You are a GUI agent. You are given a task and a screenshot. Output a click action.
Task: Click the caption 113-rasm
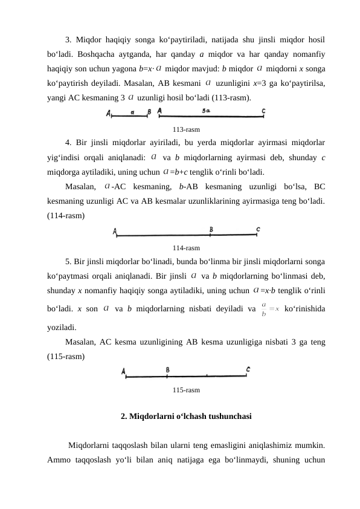(x=186, y=129)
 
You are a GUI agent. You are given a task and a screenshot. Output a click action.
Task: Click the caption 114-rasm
(x=186, y=248)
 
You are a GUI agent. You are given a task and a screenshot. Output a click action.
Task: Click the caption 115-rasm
(x=186, y=391)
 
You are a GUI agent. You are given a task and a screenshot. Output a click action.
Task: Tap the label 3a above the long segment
(x=207, y=111)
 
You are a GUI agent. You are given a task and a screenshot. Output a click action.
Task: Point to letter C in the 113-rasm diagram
(x=263, y=111)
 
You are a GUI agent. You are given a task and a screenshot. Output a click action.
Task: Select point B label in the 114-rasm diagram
(x=211, y=229)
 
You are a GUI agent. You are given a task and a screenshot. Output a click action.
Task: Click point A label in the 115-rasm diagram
(x=123, y=372)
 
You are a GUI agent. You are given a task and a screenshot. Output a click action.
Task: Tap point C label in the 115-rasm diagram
(x=248, y=369)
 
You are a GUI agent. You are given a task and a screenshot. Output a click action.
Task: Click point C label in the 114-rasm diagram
(x=258, y=229)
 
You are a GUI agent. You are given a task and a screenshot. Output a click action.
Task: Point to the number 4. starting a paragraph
(x=69, y=143)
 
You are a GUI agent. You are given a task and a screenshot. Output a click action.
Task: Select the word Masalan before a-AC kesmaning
(x=81, y=186)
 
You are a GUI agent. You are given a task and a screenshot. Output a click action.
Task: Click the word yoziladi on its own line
(x=62, y=327)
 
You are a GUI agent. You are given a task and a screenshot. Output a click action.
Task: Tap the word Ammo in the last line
(x=59, y=459)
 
